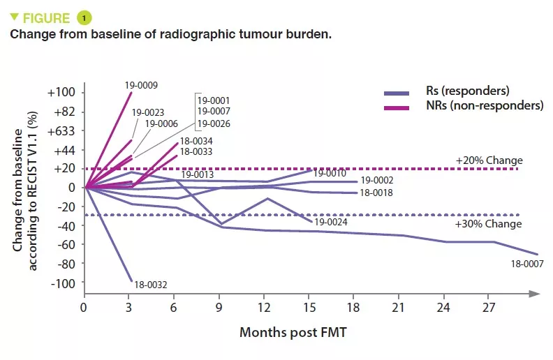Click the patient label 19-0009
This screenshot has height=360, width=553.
141,86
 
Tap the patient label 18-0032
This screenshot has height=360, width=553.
150,284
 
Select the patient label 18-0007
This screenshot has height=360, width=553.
527,264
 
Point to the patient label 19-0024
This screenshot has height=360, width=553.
330,223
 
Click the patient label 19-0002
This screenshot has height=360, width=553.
378,180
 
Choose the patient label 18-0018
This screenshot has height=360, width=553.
378,193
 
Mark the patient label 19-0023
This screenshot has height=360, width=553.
148,112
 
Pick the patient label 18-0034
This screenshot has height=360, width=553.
197,140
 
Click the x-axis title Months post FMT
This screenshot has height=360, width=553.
293,333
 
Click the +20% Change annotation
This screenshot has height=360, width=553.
489,160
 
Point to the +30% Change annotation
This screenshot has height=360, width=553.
489,224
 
